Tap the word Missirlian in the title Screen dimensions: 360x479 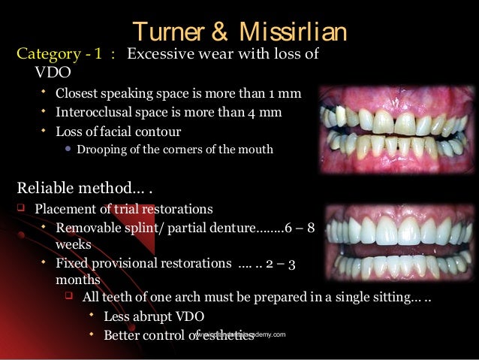pyautogui.click(x=295, y=32)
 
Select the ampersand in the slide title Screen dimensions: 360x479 pyautogui.click(x=223, y=32)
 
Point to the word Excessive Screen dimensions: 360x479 pyautogui.click(x=159, y=55)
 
